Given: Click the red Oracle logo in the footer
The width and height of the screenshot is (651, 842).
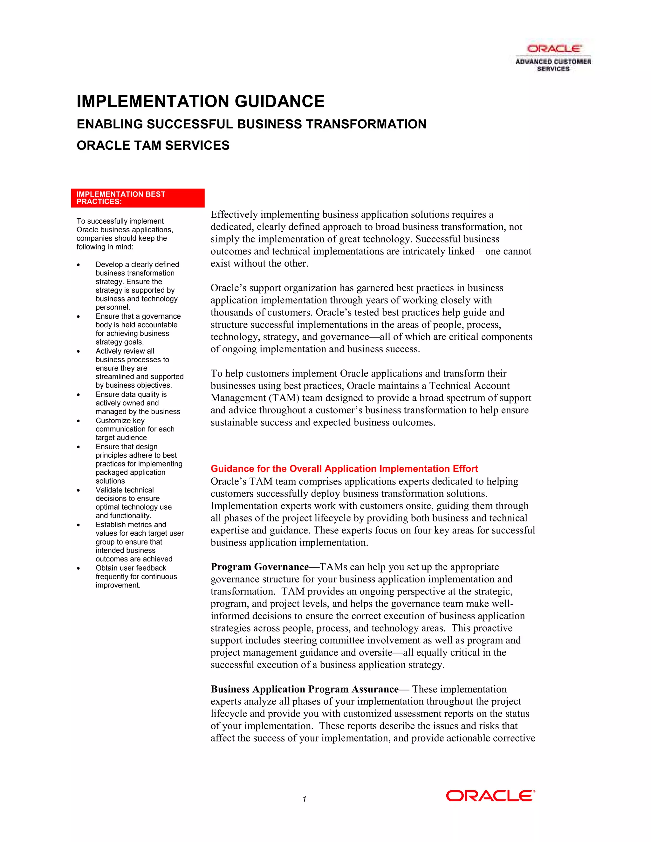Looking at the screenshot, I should coord(490,796).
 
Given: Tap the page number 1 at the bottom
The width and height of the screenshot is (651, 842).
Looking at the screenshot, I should coord(304,799).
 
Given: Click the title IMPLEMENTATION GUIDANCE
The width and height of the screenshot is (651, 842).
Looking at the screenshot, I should coord(201,101).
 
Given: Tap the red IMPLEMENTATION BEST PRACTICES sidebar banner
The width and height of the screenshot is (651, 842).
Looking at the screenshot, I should coord(138,198).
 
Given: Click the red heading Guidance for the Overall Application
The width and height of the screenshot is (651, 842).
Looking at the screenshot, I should coord(344,468).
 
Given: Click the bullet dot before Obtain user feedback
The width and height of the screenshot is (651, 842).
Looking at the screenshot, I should coord(78,568).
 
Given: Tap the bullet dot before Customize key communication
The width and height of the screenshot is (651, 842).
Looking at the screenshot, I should coord(78,421).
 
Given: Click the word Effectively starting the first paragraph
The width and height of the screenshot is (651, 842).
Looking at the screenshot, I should coord(234,214).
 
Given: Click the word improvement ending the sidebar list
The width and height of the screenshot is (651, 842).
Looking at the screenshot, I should coord(118,585).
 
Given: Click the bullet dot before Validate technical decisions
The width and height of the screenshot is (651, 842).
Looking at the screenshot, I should coord(78,490).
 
